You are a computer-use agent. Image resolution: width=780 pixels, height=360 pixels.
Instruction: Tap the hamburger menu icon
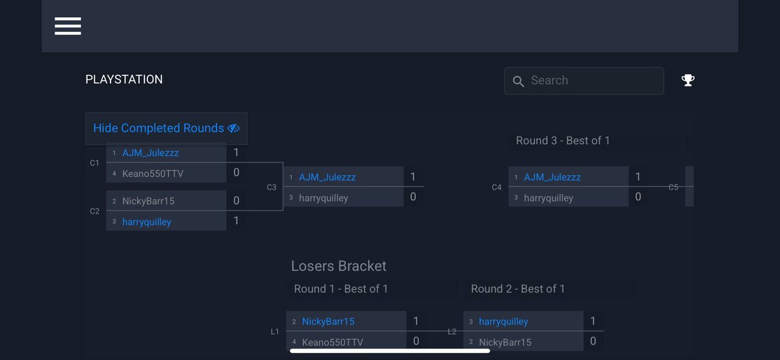68,26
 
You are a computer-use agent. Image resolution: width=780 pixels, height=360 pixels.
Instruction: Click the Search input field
584,81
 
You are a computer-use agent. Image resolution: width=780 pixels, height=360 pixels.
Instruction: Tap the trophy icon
688,81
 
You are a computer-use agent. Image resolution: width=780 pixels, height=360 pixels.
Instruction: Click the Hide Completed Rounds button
166,128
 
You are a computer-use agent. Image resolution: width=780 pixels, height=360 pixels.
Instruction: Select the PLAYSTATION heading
124,79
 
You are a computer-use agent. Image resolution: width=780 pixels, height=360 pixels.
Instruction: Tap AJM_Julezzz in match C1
150,153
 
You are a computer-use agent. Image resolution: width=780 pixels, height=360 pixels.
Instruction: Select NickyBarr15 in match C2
148,201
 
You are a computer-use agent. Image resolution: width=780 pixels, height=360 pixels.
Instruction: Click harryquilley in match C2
146,222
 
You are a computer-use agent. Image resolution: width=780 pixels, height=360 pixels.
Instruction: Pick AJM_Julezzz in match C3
327,177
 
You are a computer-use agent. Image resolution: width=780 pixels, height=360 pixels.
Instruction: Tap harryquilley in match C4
549,198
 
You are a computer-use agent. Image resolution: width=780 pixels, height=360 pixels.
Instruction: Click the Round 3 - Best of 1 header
563,140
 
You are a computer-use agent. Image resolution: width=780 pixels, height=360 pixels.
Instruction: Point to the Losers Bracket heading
339,266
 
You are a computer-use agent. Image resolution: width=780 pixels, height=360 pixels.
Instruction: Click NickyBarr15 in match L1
328,321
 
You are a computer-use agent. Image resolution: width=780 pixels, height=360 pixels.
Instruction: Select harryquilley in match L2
503,321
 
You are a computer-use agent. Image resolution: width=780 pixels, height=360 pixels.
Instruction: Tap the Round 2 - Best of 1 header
518,289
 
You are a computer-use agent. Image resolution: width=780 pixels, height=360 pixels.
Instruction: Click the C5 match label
673,187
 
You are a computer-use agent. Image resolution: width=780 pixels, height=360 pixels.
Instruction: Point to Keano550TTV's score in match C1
236,173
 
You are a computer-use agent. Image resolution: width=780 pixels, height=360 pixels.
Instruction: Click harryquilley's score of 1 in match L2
593,321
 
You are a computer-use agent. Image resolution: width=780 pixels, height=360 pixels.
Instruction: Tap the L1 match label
275,331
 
